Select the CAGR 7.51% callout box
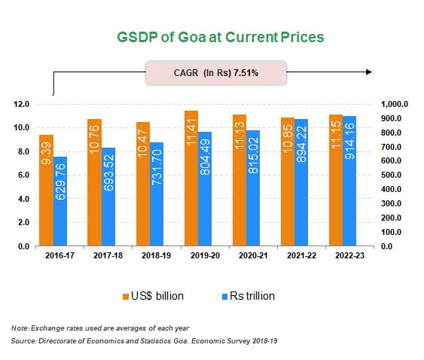point(216,73)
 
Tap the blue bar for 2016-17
point(61,201)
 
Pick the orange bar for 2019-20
point(191,178)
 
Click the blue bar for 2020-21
point(254,188)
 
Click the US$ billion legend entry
point(154,296)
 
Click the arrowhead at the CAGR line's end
point(368,72)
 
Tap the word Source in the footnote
point(24,342)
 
